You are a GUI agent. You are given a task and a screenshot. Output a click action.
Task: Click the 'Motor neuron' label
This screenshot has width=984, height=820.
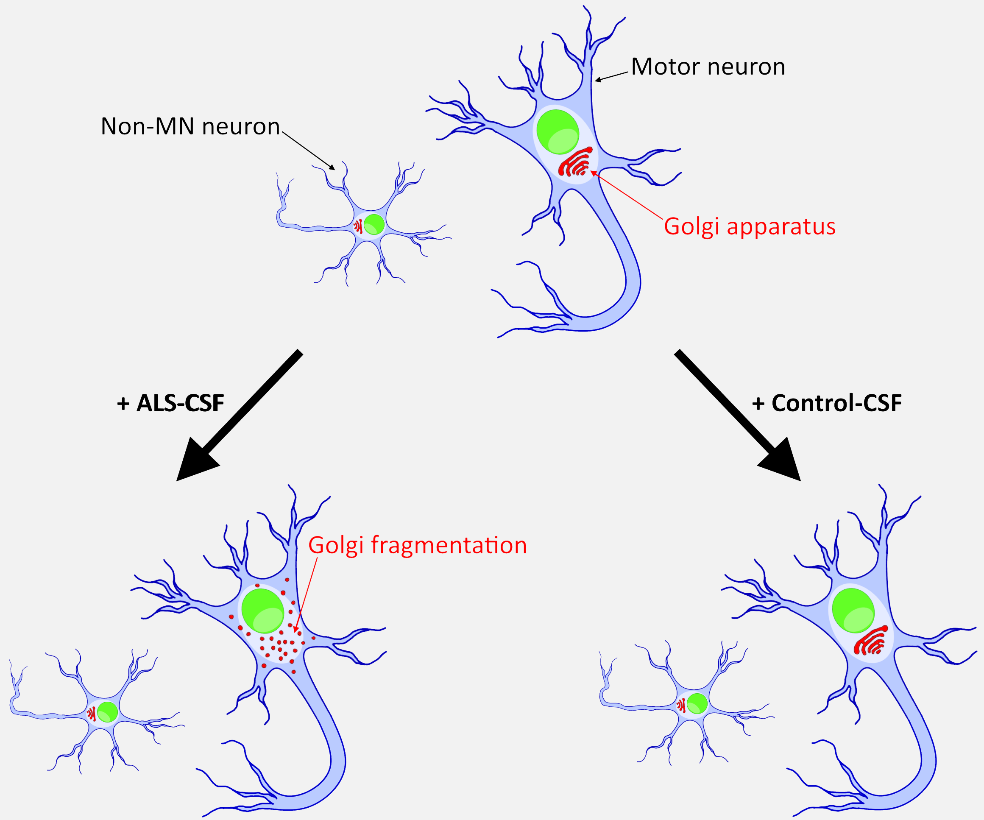tap(708, 67)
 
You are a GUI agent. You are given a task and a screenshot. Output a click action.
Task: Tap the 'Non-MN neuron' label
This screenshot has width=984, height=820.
tap(190, 126)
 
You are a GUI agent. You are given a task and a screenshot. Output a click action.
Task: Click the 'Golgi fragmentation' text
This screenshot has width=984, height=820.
tap(418, 545)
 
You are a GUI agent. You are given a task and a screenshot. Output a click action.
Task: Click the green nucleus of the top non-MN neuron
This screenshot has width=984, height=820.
tap(374, 224)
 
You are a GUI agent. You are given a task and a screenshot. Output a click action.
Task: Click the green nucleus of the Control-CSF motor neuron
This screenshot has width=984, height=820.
tap(853, 611)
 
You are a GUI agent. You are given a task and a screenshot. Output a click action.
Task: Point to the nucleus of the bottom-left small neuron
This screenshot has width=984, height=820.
tap(107, 712)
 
